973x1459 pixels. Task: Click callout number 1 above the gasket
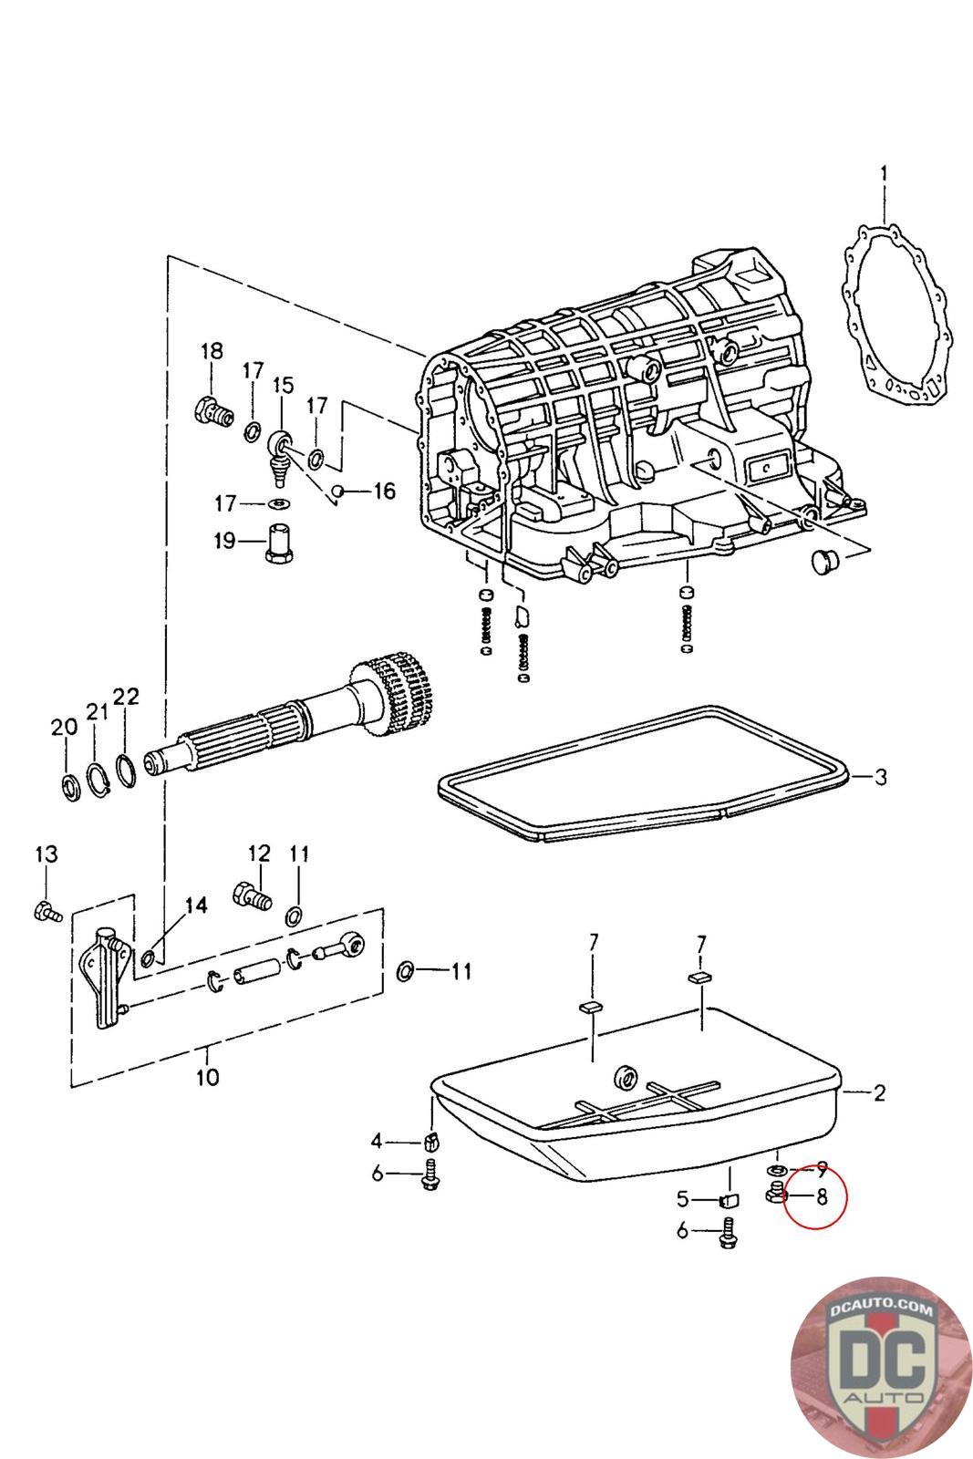point(884,174)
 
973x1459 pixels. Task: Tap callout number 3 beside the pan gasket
point(880,776)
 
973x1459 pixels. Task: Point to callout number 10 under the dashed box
point(208,1077)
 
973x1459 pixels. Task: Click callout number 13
point(47,854)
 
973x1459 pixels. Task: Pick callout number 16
point(384,491)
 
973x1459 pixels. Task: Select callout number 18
point(212,351)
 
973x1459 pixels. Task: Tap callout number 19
point(225,541)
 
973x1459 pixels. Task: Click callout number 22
point(126,697)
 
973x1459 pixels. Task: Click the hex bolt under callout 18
point(213,411)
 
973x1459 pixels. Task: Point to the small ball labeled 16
point(338,490)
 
